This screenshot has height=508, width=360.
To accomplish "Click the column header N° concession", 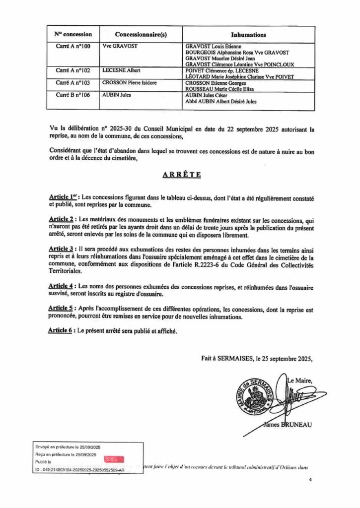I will [x=73, y=35].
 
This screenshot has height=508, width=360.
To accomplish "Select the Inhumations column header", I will [x=249, y=35].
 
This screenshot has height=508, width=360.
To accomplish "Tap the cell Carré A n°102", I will [x=73, y=71].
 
